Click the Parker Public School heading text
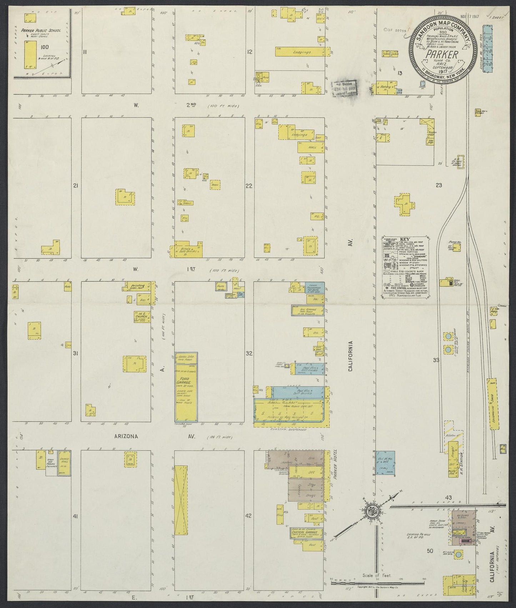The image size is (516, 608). click(x=41, y=31)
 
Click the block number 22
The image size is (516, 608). click(x=249, y=186)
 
